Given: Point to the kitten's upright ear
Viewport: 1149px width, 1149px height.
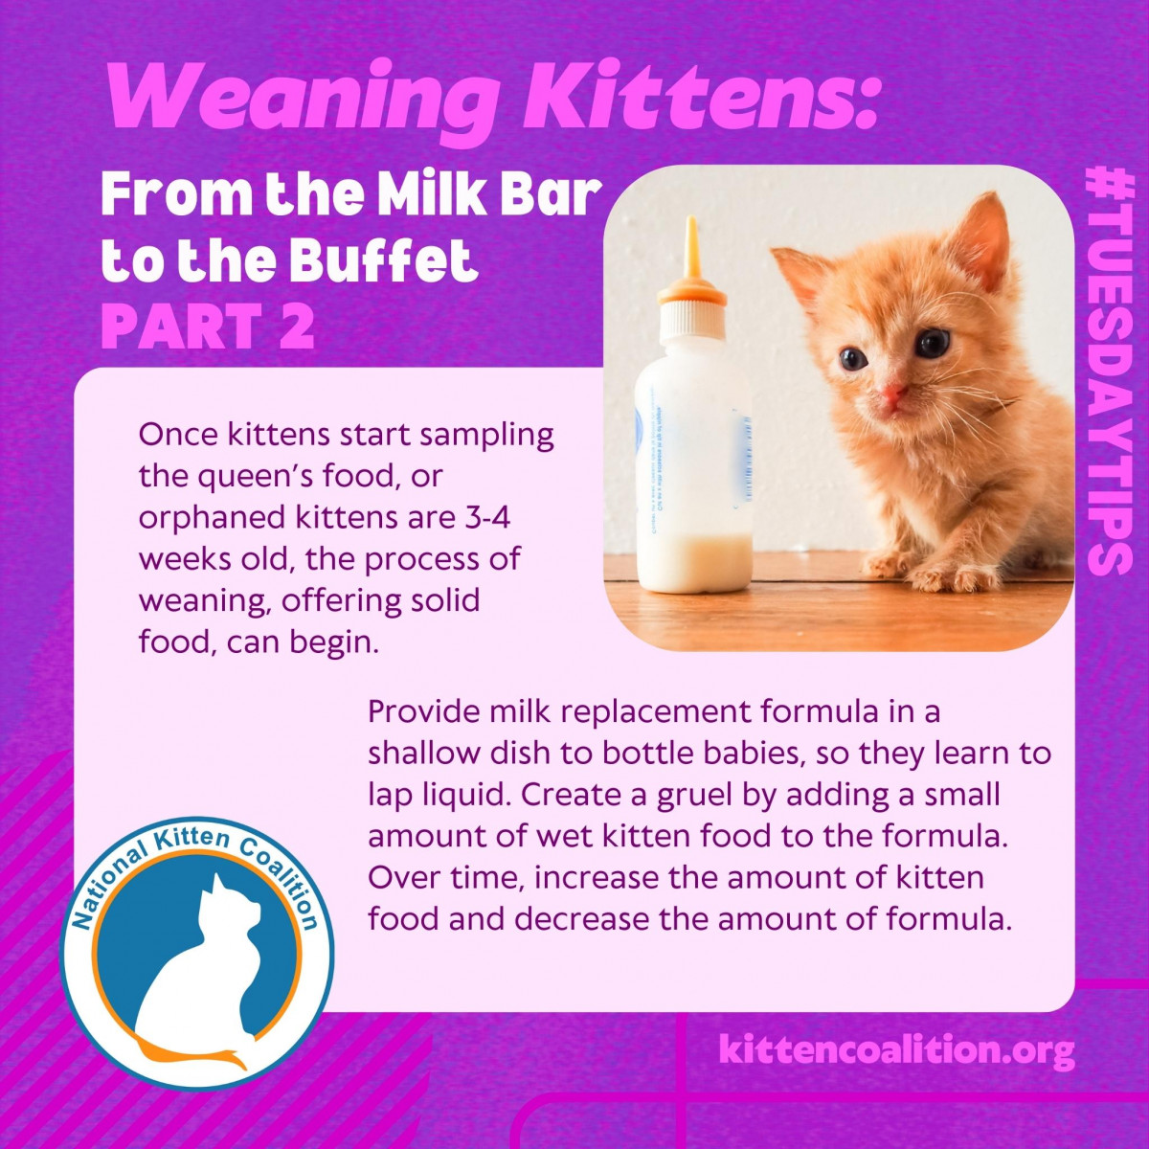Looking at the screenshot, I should (979, 239).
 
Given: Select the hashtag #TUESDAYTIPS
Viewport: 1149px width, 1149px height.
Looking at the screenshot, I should (1109, 370).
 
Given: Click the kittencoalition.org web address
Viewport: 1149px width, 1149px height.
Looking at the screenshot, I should (895, 1050).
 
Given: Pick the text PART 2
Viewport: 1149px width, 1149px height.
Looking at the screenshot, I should (208, 327).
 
